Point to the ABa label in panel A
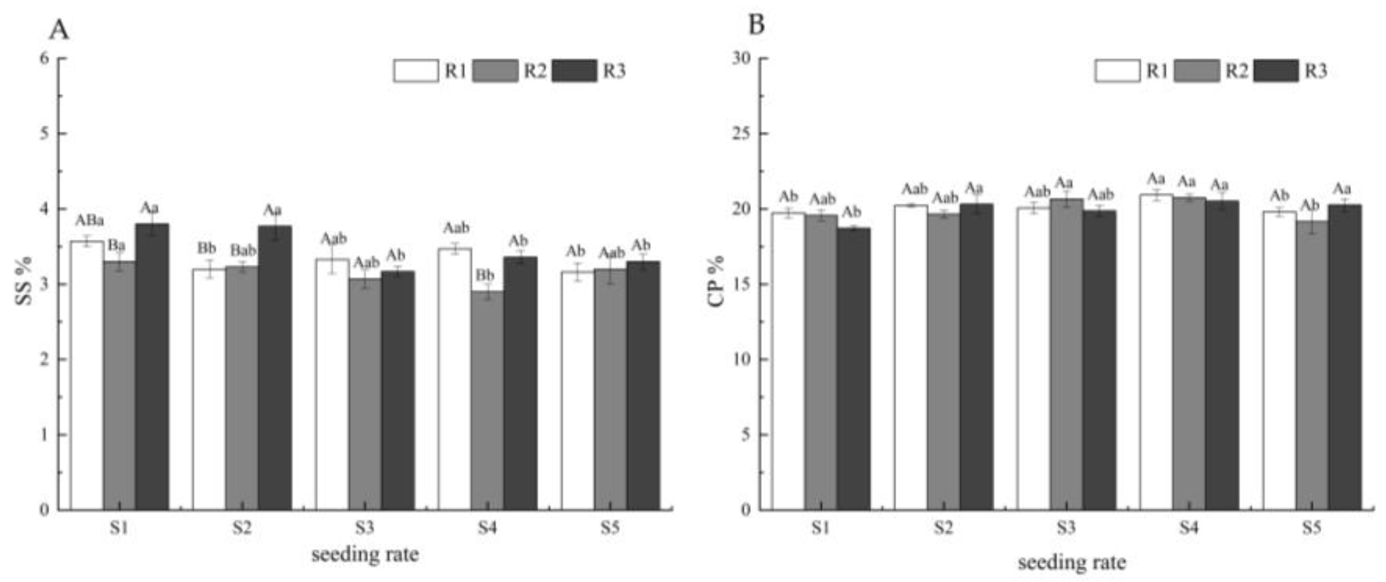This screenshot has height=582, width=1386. tap(90, 221)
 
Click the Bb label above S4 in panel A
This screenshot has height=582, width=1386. tap(485, 276)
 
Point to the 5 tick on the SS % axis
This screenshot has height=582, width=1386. tap(45, 133)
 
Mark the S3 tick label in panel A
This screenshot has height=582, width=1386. tap(364, 528)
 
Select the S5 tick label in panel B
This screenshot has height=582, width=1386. tap(1311, 528)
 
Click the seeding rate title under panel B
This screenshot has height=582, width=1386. tap(1072, 563)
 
